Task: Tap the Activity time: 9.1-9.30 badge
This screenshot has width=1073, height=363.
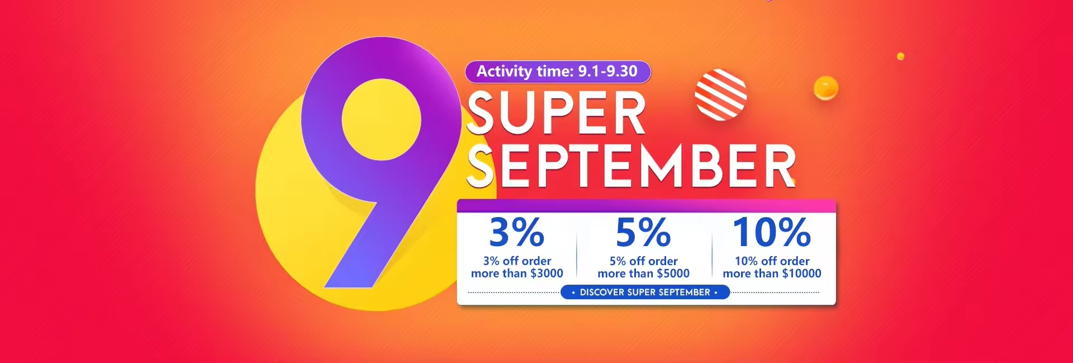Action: pos(558,72)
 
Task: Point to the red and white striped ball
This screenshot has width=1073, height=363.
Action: pos(720,95)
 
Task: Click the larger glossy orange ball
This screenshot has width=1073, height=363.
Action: pos(826,88)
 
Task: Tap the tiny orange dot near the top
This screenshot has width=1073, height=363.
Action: pos(900,56)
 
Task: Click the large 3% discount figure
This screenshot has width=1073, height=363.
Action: pos(517,232)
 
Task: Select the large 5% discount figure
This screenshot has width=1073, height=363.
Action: pos(643,232)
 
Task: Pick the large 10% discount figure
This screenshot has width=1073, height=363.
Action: pos(772,232)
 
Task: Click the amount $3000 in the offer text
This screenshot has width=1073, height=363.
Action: pos(547,274)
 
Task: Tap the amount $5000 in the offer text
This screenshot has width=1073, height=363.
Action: pos(673,274)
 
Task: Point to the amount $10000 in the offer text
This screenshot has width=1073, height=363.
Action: pos(801,274)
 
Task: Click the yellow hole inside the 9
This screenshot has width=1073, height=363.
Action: pos(381,120)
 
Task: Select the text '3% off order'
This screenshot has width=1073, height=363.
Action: pos(517,261)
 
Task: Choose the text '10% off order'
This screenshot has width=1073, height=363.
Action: pos(772,261)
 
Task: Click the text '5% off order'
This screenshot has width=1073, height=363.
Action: pos(643,261)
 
